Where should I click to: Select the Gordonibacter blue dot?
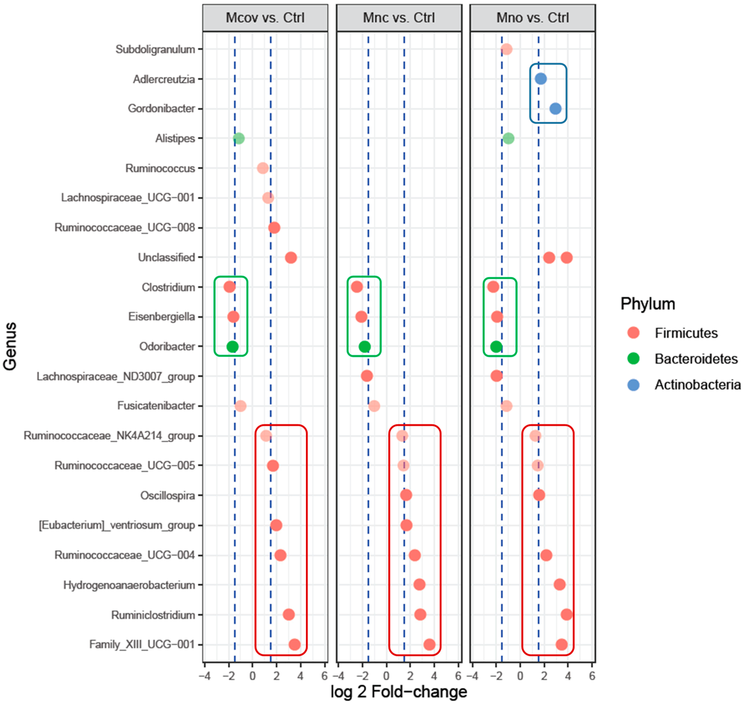(x=555, y=109)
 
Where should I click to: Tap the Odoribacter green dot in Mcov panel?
(x=233, y=346)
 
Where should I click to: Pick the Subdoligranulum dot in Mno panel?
(x=506, y=49)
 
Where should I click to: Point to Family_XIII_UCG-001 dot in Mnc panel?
(x=429, y=645)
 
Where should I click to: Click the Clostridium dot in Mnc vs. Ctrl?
(x=357, y=287)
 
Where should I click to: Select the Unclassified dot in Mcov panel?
(x=291, y=258)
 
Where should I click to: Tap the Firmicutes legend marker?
(x=634, y=333)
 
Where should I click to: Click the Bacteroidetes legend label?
(x=696, y=359)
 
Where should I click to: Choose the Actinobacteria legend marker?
(x=634, y=385)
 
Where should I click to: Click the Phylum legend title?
(x=648, y=304)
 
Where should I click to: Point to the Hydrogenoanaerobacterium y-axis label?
(x=129, y=585)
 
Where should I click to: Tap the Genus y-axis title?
(x=10, y=346)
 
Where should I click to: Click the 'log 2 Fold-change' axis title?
(x=399, y=692)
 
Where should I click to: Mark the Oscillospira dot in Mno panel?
(x=539, y=495)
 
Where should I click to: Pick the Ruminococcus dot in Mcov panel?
(x=263, y=168)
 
